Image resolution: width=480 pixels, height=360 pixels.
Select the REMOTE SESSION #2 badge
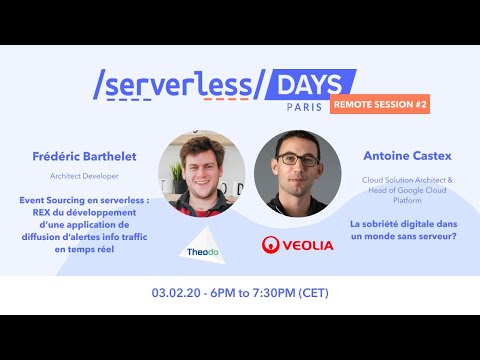click(x=380, y=105)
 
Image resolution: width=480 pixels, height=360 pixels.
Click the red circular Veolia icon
click(x=270, y=243)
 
